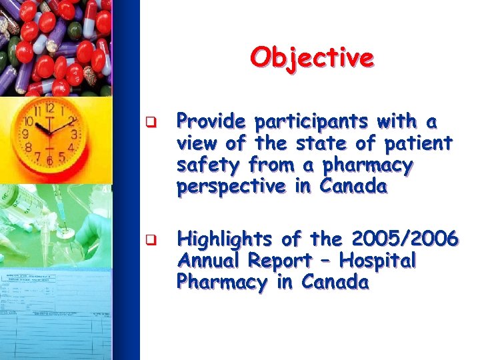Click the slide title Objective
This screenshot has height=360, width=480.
(x=312, y=57)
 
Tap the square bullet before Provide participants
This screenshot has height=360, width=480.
(x=152, y=123)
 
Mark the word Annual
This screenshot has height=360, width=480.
(x=209, y=261)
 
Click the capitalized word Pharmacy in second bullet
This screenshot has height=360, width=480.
(x=221, y=283)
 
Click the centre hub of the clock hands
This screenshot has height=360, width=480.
(x=49, y=130)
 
